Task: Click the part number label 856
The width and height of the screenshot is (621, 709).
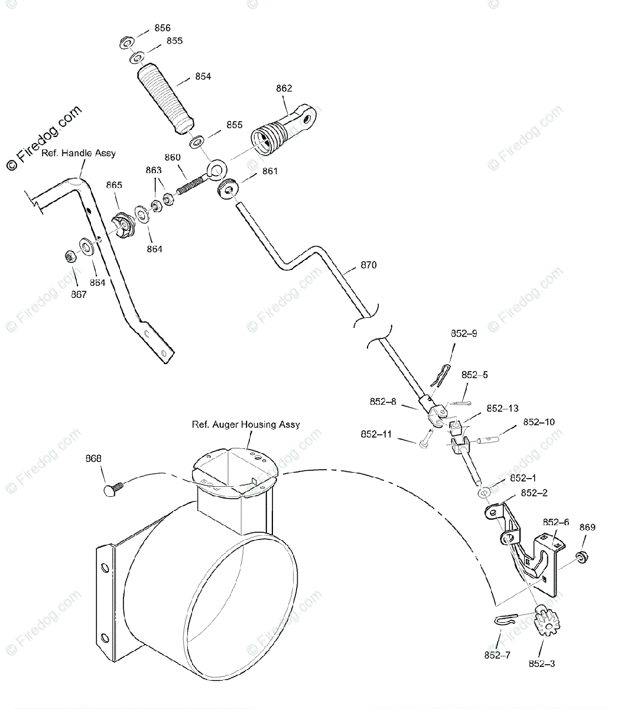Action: point(162,28)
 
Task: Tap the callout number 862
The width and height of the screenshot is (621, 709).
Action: point(284,88)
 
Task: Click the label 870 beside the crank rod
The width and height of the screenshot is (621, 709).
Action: point(368,265)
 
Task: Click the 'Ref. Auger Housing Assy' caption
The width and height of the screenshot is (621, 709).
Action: point(245,424)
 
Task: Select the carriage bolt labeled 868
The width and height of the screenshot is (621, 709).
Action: point(112,489)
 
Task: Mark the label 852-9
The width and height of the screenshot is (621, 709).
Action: point(464,333)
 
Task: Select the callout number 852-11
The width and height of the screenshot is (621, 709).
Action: point(376,434)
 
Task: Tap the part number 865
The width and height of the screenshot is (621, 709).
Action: point(114,185)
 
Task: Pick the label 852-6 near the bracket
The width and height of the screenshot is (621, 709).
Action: point(556,522)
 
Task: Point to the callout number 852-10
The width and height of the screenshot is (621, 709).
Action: point(538,422)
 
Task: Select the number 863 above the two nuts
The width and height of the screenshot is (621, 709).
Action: point(154,170)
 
